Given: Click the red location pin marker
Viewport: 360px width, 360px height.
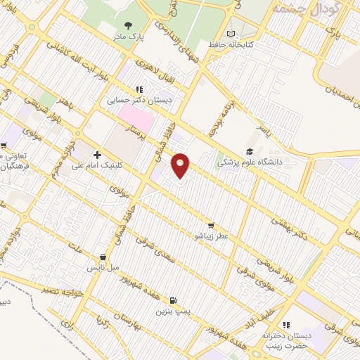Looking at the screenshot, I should [181, 165].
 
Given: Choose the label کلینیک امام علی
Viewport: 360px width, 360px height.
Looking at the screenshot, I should [99, 166].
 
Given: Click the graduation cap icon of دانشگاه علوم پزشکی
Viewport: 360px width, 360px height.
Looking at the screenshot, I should [249, 151].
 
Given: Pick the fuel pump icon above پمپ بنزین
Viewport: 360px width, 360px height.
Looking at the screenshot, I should [174, 298].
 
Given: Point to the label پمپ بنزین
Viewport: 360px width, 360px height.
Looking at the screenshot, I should [174, 309].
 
